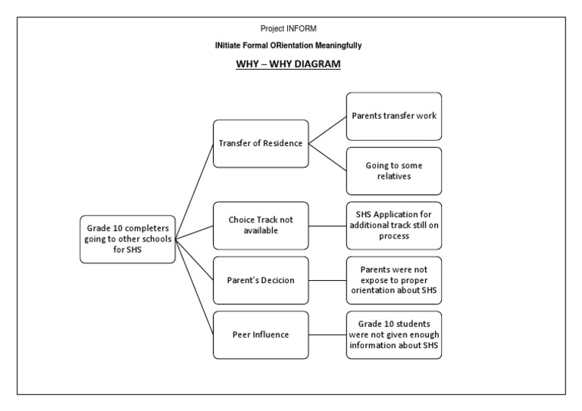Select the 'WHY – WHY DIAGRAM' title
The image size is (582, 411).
(288, 65)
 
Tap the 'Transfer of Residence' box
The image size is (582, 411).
(261, 143)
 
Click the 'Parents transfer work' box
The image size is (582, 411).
(394, 116)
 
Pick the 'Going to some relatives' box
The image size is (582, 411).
(394, 171)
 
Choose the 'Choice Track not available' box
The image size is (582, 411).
(261, 226)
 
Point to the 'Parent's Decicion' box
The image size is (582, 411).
(261, 280)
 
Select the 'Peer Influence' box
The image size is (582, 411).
(261, 335)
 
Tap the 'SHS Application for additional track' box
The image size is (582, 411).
(394, 226)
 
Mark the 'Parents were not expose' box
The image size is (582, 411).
(394, 280)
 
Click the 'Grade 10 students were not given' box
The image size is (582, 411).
(394, 335)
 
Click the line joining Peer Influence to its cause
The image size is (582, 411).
(328, 335)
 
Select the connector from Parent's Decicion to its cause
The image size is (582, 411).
(328, 280)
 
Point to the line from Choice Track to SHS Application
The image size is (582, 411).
(328, 226)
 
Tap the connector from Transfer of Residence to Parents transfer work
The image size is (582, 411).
(328, 130)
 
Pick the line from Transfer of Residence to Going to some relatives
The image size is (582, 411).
(328, 157)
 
